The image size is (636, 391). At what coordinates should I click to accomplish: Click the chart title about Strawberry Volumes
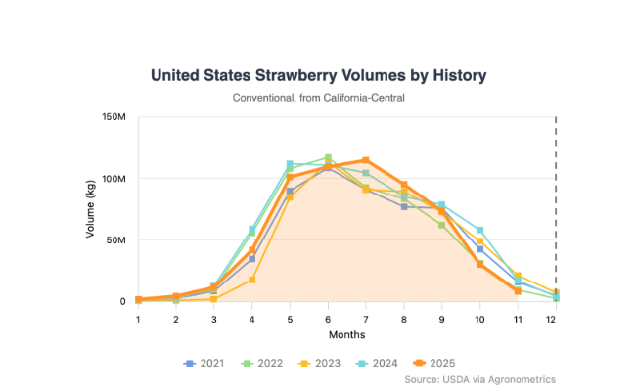(x=318, y=75)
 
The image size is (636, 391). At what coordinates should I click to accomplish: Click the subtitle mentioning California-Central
(x=318, y=98)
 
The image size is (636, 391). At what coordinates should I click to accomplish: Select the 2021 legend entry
(x=204, y=363)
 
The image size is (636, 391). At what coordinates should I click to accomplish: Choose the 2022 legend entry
(x=263, y=363)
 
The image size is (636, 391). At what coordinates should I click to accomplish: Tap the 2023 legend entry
(x=323, y=363)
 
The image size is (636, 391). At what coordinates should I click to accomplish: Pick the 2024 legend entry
(x=383, y=363)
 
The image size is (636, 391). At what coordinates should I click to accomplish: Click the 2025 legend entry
(x=442, y=363)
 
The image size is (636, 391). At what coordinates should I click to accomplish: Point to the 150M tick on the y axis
(x=114, y=117)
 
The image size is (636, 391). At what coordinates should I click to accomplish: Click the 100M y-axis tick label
(x=114, y=179)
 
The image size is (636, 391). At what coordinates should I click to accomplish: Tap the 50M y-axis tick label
(x=116, y=239)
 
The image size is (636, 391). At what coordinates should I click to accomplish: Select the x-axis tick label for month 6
(x=328, y=319)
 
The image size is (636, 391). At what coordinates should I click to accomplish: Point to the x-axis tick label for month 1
(x=138, y=319)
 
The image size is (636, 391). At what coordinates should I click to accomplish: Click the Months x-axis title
(x=346, y=334)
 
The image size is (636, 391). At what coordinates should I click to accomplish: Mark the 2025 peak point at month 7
(x=366, y=160)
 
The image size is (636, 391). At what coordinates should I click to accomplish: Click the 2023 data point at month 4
(x=252, y=280)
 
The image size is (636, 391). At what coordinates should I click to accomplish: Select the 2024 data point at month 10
(x=479, y=231)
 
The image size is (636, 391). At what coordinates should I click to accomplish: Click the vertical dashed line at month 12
(x=556, y=195)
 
